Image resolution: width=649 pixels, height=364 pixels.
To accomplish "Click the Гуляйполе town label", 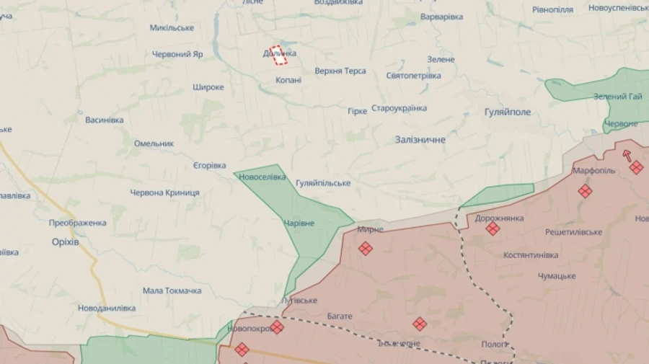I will click(x=508, y=112).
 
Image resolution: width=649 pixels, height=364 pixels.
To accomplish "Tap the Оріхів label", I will click(x=65, y=241).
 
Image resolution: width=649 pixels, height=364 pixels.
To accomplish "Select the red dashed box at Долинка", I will click(x=278, y=56).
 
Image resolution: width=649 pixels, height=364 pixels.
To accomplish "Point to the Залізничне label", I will click(x=420, y=139).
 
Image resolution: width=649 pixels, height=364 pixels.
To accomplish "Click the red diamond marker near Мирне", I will click(x=366, y=248).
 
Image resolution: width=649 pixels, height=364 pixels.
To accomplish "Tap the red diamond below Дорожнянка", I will click(x=493, y=228).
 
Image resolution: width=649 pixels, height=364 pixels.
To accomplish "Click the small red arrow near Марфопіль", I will click(x=627, y=154).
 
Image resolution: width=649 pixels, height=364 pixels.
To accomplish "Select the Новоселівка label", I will click(x=262, y=177).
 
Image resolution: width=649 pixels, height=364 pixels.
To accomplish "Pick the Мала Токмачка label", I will click(x=172, y=290).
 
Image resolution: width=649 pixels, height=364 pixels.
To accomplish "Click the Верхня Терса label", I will click(x=340, y=71).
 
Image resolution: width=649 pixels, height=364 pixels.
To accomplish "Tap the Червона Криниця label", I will click(x=164, y=192).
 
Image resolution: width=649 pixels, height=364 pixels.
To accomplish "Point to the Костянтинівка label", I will click(x=531, y=255).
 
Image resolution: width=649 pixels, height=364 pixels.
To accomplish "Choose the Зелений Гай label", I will click(x=617, y=97).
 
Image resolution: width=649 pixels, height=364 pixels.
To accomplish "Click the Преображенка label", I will click(x=77, y=223).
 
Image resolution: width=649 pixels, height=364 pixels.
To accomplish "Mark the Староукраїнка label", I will click(x=399, y=108).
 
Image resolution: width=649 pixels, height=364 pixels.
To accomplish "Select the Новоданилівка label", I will click(x=107, y=308).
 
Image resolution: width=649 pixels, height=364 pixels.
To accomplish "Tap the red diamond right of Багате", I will click(x=420, y=324).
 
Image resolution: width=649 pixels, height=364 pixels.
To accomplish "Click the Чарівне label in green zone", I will click(x=299, y=223).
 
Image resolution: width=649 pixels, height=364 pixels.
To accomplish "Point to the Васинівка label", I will click(x=104, y=120).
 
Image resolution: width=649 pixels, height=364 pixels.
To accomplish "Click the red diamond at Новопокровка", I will click(x=277, y=327).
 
